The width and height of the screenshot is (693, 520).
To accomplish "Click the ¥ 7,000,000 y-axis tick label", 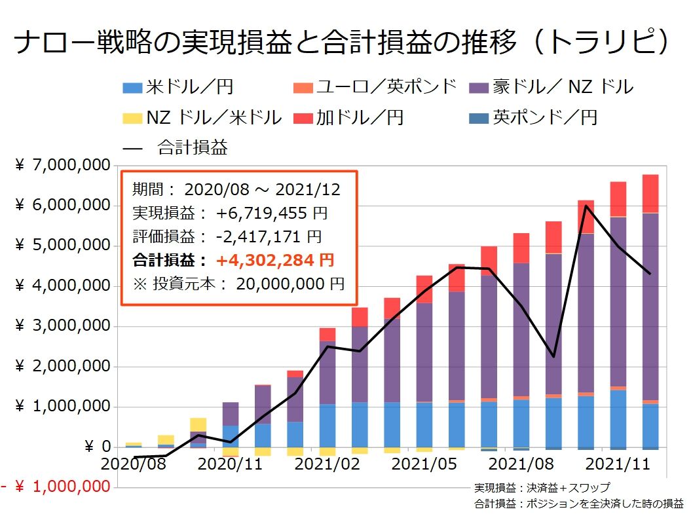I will tap(63, 166).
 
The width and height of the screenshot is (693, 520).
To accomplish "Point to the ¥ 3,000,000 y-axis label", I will tap(63, 327).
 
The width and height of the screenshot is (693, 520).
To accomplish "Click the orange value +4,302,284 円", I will tap(275, 260).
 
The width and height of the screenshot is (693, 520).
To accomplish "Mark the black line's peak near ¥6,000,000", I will tap(586, 206).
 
